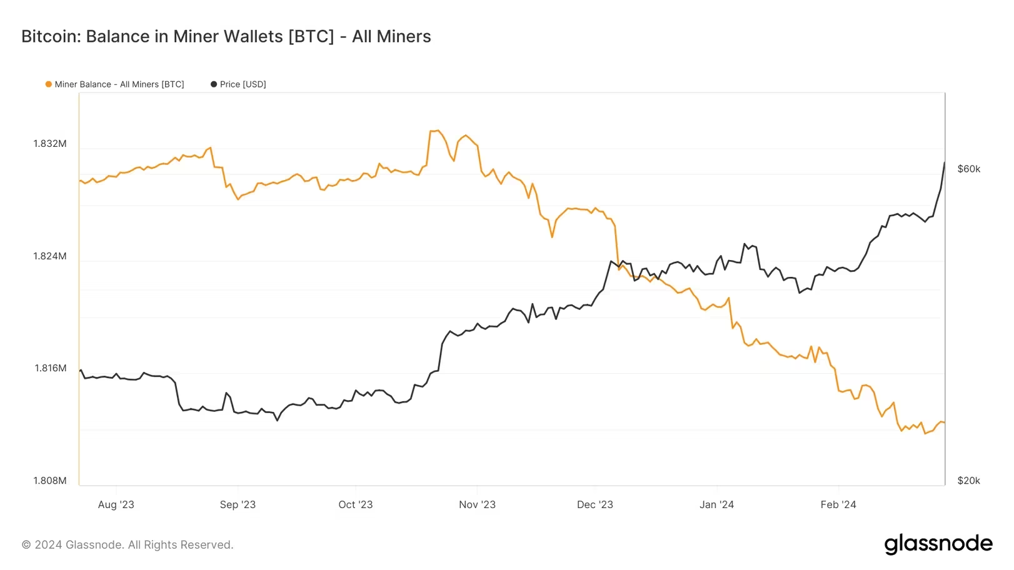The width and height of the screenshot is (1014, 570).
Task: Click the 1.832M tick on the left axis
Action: [x=50, y=144]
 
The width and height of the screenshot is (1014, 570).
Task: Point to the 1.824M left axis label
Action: [x=50, y=256]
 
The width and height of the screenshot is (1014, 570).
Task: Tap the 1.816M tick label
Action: [x=50, y=368]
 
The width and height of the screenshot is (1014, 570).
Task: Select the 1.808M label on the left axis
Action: [x=50, y=481]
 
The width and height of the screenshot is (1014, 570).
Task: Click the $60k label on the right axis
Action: [x=968, y=169]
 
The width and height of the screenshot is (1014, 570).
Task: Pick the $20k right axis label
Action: [x=968, y=481]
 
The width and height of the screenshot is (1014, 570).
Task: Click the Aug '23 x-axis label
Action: [x=116, y=505]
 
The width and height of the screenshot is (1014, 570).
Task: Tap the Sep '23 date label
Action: [x=238, y=505]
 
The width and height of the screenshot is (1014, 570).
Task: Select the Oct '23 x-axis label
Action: [x=355, y=505]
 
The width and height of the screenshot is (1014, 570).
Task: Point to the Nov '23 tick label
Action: [x=477, y=505]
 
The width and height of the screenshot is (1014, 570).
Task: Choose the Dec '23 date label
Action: [x=595, y=505]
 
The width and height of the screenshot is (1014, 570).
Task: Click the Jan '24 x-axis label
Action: [x=716, y=505]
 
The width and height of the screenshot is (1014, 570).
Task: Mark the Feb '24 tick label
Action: [x=838, y=505]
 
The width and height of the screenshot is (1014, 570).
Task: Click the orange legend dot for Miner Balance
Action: [x=49, y=84]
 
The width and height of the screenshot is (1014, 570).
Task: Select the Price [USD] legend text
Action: [x=243, y=84]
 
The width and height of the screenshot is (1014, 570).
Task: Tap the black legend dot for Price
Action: [x=214, y=84]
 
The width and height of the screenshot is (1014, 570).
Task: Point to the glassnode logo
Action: [x=938, y=544]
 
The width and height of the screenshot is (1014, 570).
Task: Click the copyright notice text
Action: [x=128, y=545]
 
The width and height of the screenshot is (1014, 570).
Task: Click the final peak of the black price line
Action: [x=944, y=163]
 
